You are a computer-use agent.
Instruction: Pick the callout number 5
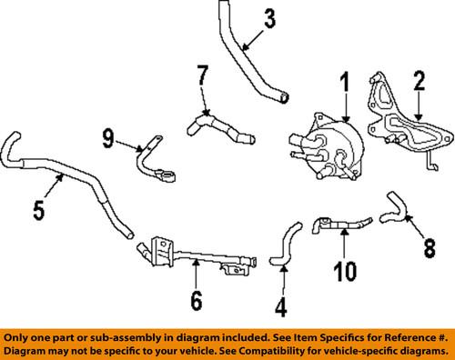[x=39, y=211]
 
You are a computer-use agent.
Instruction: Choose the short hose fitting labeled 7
[x=218, y=127]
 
